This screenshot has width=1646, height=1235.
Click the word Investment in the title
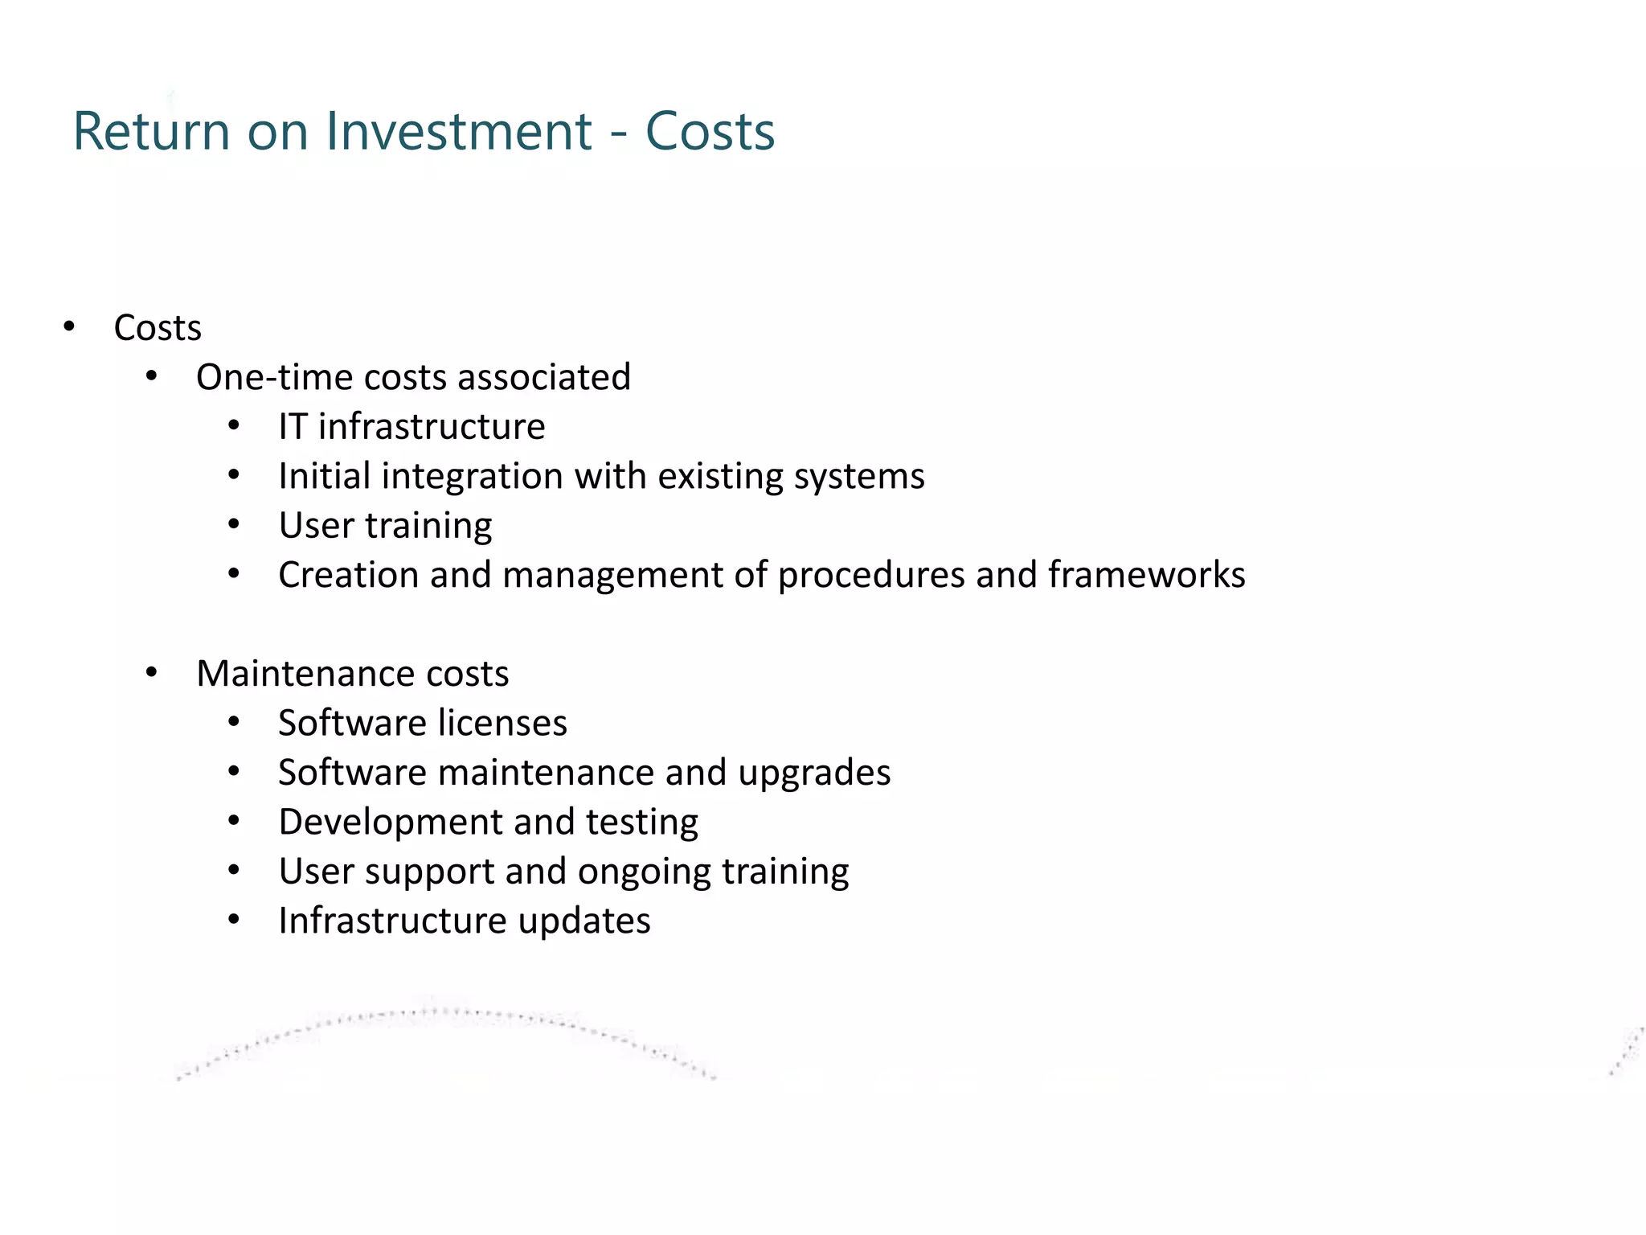pos(460,131)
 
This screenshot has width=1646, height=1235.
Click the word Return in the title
pos(151,131)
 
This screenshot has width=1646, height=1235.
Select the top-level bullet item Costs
pos(158,328)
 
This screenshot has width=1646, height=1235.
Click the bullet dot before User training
pos(234,525)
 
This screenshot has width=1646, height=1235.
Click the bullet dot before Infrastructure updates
pos(234,920)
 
